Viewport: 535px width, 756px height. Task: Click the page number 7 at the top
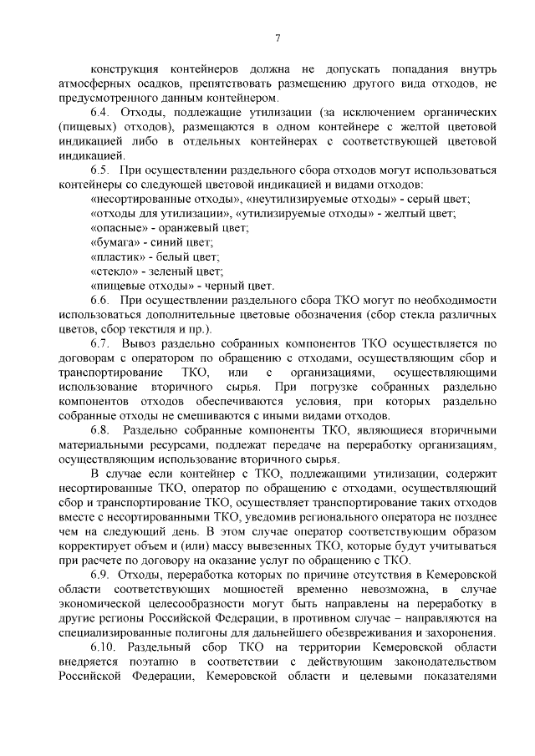tap(277, 37)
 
